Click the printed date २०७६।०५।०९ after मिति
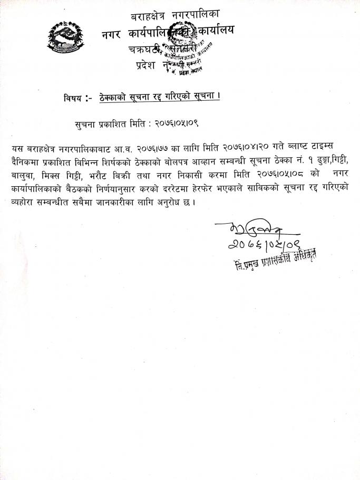[175, 124]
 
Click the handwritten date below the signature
[259, 246]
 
